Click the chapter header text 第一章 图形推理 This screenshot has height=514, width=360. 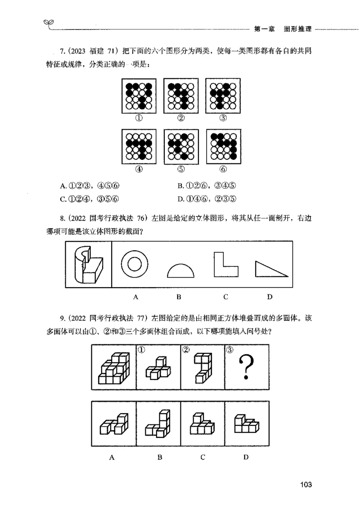point(283,29)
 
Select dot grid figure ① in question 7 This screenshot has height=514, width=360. point(139,96)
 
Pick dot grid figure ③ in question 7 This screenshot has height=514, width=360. point(222,96)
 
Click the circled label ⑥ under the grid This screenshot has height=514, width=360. point(223,169)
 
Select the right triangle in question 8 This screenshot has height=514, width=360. point(270,269)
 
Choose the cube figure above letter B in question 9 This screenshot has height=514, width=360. point(158,424)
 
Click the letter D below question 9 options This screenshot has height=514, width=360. point(246,457)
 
